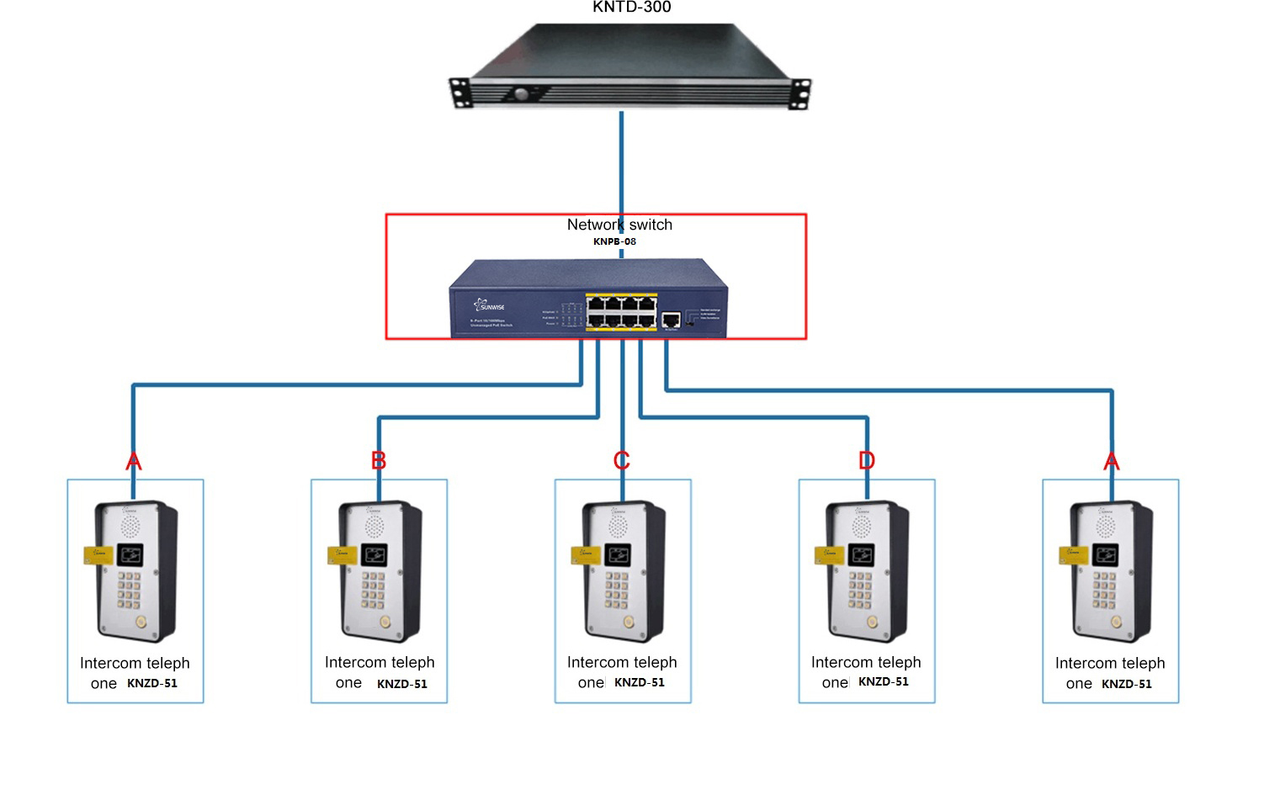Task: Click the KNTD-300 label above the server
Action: pos(631,8)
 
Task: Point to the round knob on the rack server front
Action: pos(521,93)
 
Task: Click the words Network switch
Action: pos(619,225)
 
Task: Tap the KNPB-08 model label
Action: pos(614,241)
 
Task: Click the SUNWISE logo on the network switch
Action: pos(489,305)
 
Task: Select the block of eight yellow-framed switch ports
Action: pos(621,311)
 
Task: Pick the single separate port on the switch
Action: pos(671,320)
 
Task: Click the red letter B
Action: pos(379,460)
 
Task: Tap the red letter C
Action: pos(622,460)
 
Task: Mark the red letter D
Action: pos(867,460)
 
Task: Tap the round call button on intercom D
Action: pos(872,622)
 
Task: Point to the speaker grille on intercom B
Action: pos(374,527)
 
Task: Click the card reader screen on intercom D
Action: pos(862,554)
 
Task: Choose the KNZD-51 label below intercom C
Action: pos(640,682)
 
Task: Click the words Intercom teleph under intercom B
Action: pos(380,662)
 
